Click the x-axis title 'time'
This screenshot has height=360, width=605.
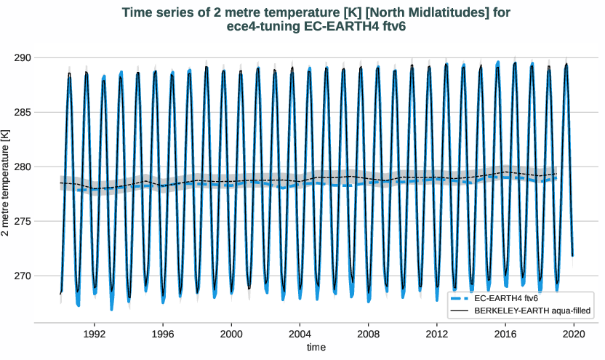316,347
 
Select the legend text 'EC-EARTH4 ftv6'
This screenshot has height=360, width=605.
506,298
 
